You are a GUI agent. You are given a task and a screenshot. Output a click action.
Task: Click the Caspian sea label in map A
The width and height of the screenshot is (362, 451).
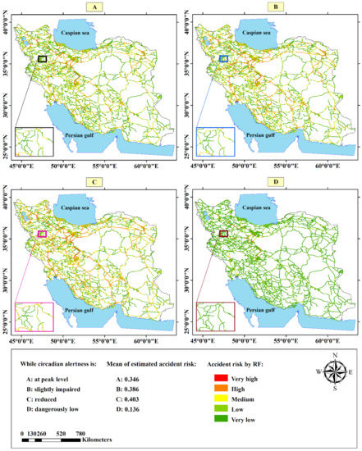click(80, 34)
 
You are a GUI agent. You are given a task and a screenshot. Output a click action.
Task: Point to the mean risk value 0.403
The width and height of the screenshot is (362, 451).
click(149, 403)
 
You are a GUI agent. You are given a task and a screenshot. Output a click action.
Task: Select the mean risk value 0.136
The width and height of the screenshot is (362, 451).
click(149, 414)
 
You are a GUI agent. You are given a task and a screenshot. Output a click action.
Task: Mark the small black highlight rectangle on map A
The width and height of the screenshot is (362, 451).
click(44, 58)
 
